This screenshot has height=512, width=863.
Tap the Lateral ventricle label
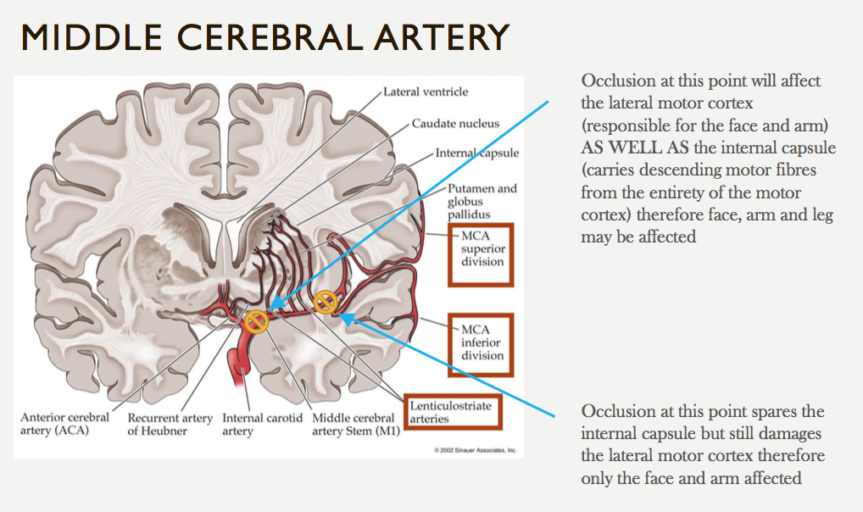click(x=426, y=92)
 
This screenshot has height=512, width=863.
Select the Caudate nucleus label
click(x=455, y=124)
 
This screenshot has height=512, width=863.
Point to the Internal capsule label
click(x=477, y=153)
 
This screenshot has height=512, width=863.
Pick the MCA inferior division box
click(x=482, y=342)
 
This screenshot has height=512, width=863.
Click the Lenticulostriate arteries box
click(x=452, y=411)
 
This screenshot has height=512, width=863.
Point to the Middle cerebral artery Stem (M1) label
click(x=354, y=424)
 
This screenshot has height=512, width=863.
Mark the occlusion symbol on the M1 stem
click(x=255, y=320)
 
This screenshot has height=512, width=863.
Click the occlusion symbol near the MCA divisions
click(x=325, y=302)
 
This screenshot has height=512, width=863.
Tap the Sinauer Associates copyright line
click(x=475, y=450)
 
